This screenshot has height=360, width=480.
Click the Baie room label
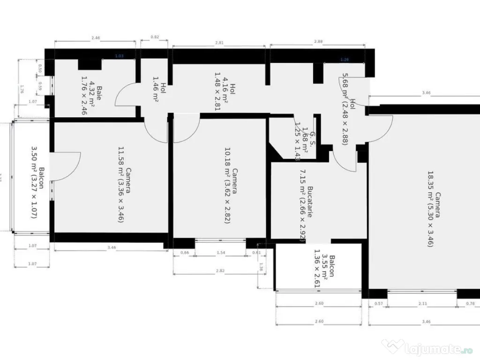click(x=93, y=96)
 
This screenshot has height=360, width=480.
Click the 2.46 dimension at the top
click(x=96, y=37)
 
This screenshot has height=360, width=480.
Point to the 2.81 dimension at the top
click(x=219, y=43)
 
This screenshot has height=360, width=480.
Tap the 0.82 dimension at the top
click(x=155, y=37)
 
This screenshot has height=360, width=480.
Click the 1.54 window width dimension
click(x=220, y=253)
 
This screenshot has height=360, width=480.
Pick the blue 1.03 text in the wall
click(x=119, y=56)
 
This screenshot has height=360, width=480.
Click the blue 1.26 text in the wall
click(x=345, y=60)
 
